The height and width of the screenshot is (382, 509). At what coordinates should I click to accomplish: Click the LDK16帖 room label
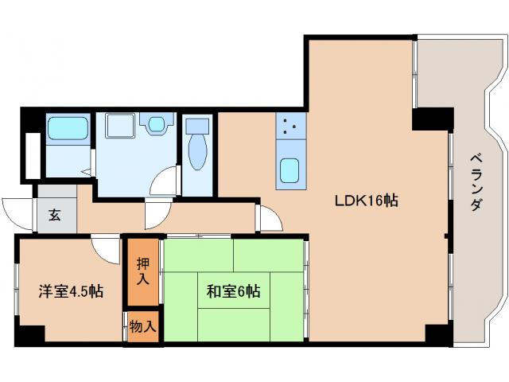tap(365, 201)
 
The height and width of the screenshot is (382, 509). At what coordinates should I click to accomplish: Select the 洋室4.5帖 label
tap(71, 291)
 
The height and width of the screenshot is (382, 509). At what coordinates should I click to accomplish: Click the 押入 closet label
tap(143, 271)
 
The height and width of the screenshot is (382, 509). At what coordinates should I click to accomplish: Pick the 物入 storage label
tap(143, 326)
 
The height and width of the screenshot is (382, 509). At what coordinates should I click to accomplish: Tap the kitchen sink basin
tap(290, 170)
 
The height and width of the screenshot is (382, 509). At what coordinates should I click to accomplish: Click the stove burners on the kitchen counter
tap(290, 124)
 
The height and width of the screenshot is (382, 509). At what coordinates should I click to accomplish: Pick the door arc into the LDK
tap(269, 218)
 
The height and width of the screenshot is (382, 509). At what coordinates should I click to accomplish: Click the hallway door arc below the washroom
tap(155, 213)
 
